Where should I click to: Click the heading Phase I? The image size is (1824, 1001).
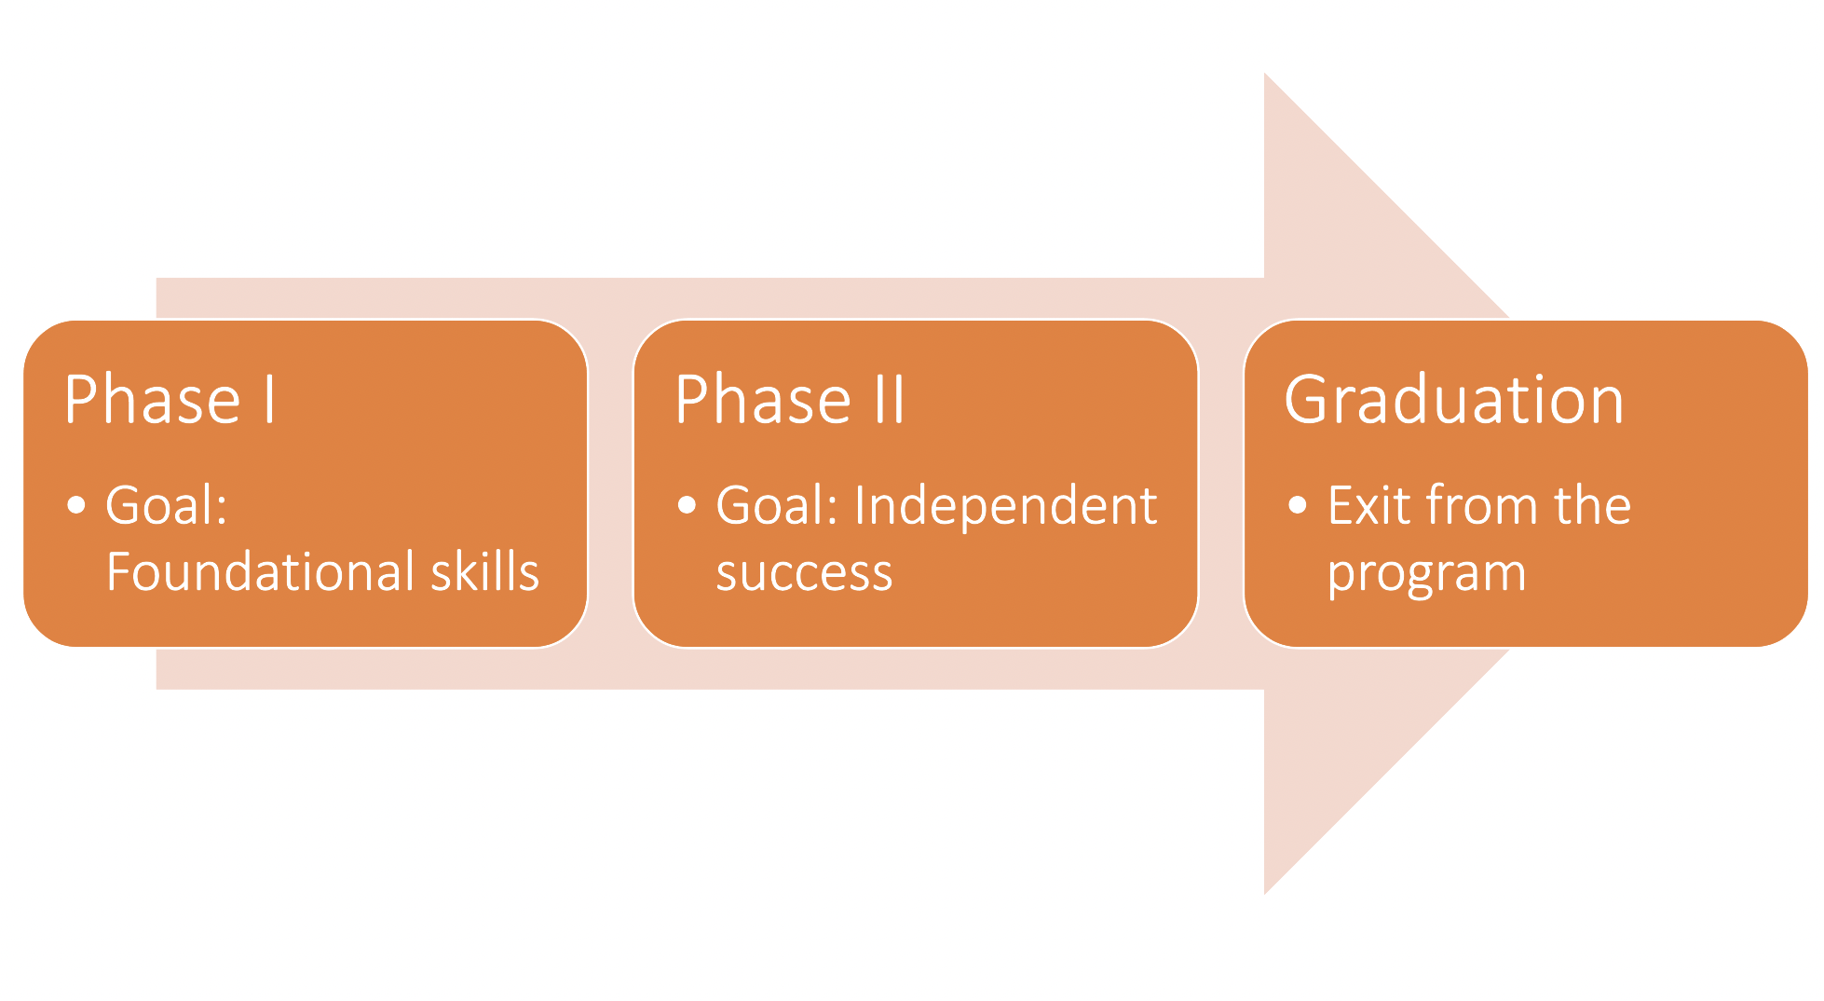click(170, 400)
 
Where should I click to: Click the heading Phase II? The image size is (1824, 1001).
click(789, 400)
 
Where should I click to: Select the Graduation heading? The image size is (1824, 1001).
click(1453, 400)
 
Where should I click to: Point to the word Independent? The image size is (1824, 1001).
click(1005, 506)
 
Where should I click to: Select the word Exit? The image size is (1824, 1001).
click(1369, 506)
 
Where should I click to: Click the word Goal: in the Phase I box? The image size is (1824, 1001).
click(167, 506)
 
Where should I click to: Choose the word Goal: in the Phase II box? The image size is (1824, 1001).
click(777, 506)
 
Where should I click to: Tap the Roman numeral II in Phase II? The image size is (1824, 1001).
click(889, 400)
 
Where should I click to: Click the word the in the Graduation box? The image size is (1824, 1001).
click(1592, 506)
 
